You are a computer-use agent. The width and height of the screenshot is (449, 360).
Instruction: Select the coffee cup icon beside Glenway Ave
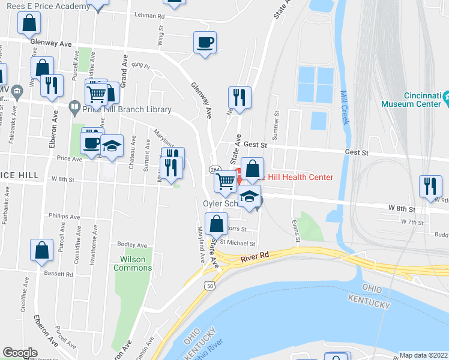tap(205, 43)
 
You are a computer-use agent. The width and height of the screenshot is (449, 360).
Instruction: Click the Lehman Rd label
tap(149, 15)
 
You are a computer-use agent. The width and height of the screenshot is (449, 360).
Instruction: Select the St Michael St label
tap(238, 243)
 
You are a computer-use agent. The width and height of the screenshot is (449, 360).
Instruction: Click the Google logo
tap(20, 353)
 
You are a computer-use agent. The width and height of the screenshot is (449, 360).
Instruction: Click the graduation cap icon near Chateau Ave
tap(112, 146)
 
